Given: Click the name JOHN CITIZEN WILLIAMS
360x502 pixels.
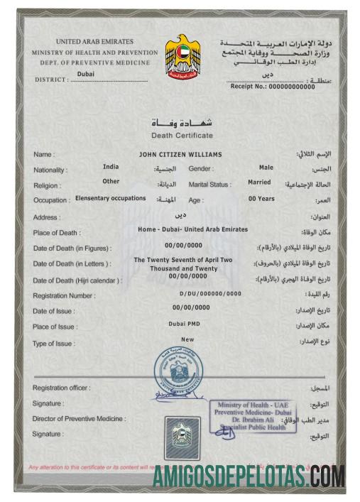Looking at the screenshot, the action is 182,154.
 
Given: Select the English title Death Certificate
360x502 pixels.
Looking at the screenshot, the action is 182,135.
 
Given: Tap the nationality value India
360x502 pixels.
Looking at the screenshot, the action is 111,167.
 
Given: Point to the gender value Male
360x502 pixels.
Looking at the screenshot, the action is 266,168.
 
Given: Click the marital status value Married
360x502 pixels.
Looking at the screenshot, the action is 259,182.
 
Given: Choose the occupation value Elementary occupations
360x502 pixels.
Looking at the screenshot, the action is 110,199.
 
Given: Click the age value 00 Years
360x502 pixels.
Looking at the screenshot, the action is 261,199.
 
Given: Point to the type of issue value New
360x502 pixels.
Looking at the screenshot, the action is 187,339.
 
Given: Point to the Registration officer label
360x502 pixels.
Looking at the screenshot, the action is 61,388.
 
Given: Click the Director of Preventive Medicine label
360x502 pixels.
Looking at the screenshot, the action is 79,418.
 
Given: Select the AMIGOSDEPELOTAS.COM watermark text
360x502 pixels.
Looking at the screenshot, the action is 249,474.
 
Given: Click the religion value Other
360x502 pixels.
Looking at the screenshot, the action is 111,181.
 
